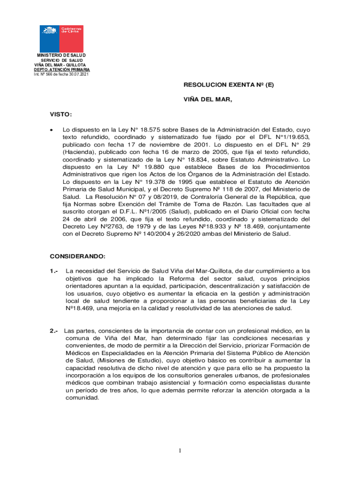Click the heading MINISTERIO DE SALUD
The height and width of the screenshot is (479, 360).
pyautogui.click(x=62, y=55)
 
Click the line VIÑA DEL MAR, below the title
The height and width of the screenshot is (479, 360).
pyautogui.click(x=208, y=100)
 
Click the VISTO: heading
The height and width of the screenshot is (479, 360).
pyautogui.click(x=61, y=114)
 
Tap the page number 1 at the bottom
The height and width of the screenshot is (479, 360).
pyautogui.click(x=180, y=450)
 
